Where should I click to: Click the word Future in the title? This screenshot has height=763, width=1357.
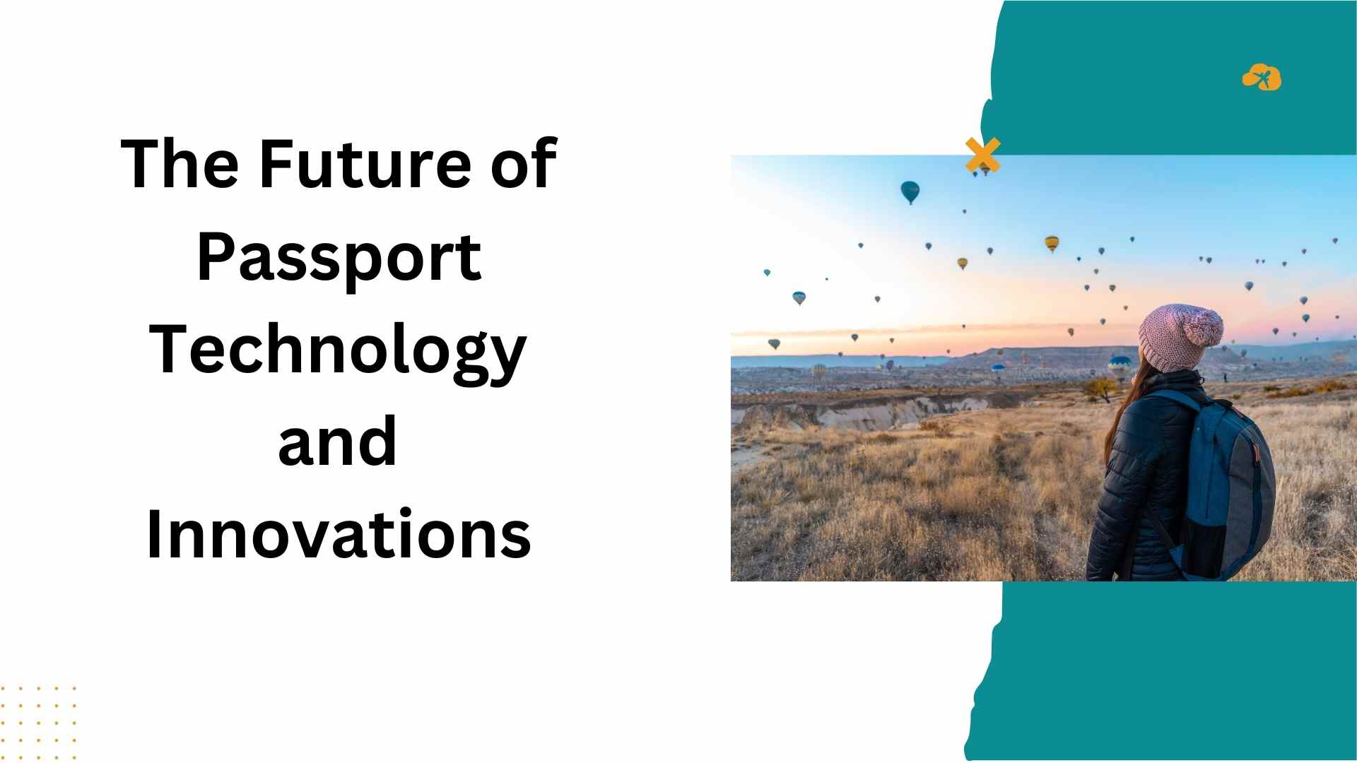(x=365, y=164)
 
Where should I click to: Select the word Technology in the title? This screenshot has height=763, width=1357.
(x=338, y=352)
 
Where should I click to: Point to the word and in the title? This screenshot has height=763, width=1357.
(x=337, y=442)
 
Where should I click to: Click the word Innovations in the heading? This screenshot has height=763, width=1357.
(x=339, y=533)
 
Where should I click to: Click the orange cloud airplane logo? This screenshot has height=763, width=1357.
(x=1262, y=77)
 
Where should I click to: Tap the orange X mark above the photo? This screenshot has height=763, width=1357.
(x=983, y=155)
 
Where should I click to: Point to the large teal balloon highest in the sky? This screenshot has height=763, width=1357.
(x=910, y=191)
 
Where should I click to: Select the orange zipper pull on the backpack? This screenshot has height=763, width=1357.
(x=1257, y=452)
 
